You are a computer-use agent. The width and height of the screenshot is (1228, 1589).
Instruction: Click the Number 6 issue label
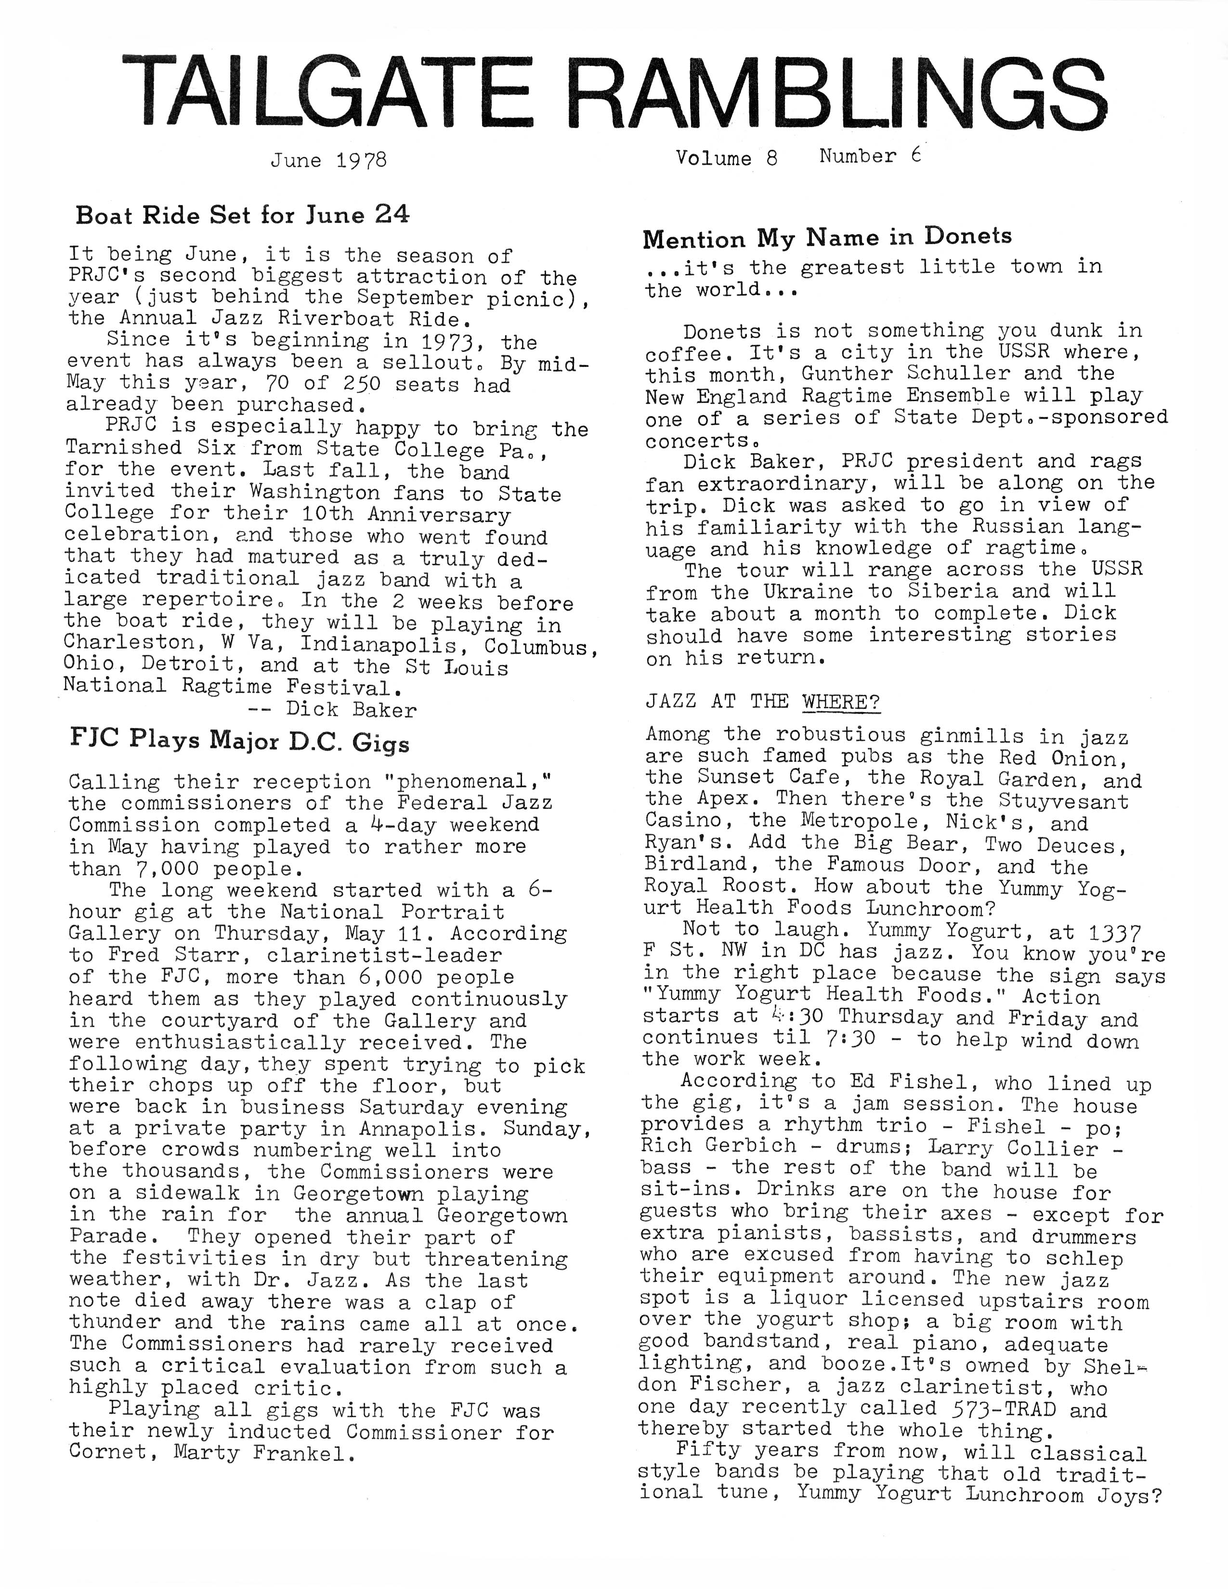coord(870,156)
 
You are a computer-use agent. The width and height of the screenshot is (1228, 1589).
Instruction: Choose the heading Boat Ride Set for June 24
coord(243,215)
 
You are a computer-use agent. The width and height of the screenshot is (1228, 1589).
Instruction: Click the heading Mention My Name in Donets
coord(827,238)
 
